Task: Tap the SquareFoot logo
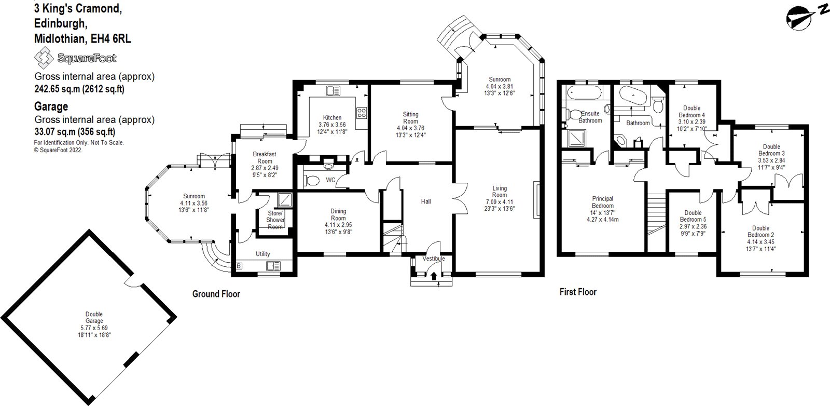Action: click(x=75, y=58)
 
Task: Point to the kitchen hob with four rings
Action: click(x=362, y=113)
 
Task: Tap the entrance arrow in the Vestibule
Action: click(x=434, y=276)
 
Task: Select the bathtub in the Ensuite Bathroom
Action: click(x=584, y=94)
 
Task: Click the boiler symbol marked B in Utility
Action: click(x=239, y=266)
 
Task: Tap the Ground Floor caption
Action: click(x=216, y=294)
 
